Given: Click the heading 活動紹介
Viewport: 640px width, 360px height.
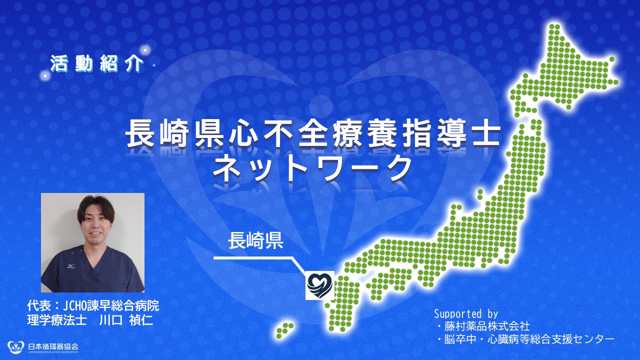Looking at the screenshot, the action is [x=96, y=63].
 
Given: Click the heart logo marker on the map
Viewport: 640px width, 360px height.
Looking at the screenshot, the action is [x=320, y=285].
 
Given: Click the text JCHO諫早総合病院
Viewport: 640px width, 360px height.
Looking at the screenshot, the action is [x=111, y=305].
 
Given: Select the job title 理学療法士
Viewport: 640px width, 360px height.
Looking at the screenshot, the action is [x=57, y=320].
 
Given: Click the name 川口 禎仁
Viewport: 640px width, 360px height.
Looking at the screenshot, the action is [x=125, y=320].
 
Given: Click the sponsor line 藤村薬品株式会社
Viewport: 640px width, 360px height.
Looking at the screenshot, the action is [x=487, y=326].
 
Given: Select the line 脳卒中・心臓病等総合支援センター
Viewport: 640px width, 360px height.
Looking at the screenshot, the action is [x=529, y=339].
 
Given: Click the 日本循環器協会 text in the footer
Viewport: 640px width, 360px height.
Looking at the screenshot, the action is [x=53, y=346].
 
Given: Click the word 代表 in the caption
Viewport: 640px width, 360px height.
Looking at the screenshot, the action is [x=39, y=305].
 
